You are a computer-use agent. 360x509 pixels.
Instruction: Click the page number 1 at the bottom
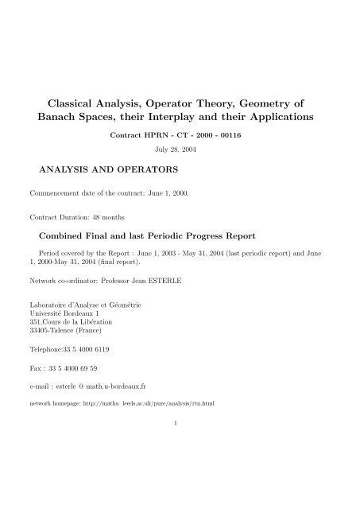click(x=180, y=423)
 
